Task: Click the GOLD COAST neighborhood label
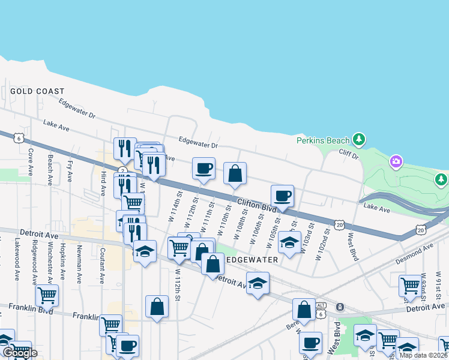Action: pos(37,91)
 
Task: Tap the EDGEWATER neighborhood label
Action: pos(252,260)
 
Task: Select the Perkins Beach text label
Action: pos(323,140)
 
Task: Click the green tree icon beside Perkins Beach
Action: pos(359,140)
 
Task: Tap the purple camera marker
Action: pos(396,161)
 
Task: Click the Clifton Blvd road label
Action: pos(256,205)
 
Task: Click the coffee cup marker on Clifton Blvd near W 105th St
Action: pos(282,196)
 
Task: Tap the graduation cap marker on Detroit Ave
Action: pos(258,283)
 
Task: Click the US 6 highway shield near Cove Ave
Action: pos(20,138)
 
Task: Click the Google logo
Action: pos(19,353)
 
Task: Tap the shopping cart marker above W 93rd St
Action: pos(411,285)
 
